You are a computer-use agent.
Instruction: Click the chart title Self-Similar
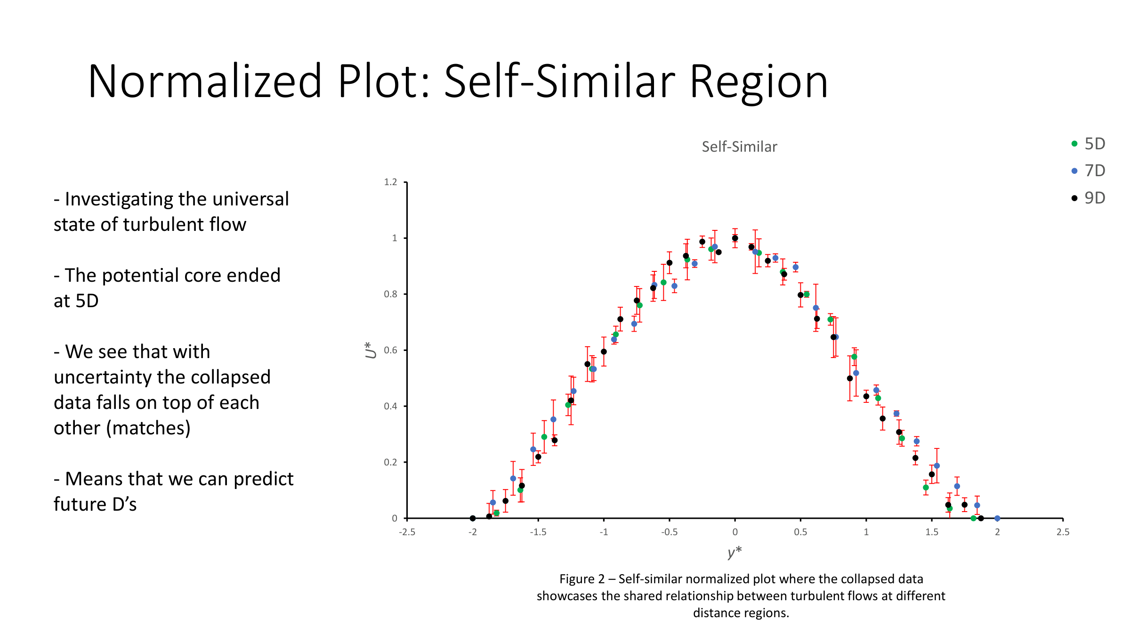pyautogui.click(x=739, y=147)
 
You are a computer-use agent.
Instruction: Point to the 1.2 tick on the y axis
pyautogui.click(x=391, y=182)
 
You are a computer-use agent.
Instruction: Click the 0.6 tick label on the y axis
pyautogui.click(x=391, y=350)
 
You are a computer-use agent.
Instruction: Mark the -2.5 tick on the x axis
pyautogui.click(x=407, y=532)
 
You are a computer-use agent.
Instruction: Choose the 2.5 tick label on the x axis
pyautogui.click(x=1063, y=532)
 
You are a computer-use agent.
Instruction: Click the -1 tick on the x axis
pyautogui.click(x=604, y=532)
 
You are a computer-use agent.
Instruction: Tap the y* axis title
pyautogui.click(x=734, y=552)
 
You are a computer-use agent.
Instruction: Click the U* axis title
pyautogui.click(x=371, y=350)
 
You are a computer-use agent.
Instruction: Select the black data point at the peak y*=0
pyautogui.click(x=735, y=238)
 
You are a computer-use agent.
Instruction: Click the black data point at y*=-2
pyautogui.click(x=473, y=518)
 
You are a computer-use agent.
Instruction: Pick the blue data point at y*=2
pyautogui.click(x=997, y=518)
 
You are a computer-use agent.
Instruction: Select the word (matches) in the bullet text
pyautogui.click(x=148, y=428)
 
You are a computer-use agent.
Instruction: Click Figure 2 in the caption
pyautogui.click(x=581, y=579)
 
